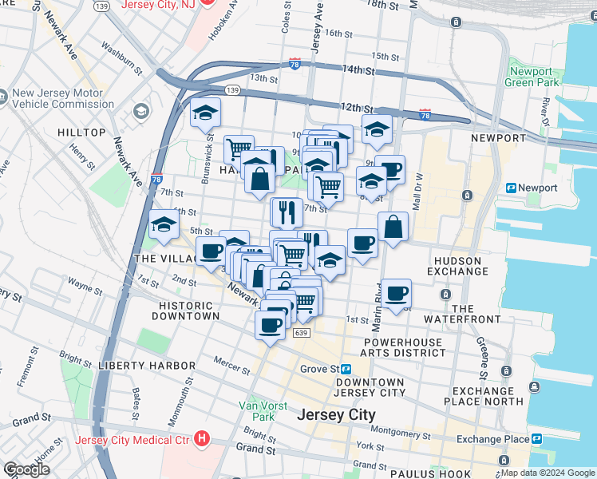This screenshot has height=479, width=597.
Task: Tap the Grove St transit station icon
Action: [x=347, y=370]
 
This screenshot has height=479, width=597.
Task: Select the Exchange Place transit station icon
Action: [x=537, y=439]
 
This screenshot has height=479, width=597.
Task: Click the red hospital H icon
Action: [x=203, y=439]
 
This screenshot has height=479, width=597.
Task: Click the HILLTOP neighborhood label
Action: [x=81, y=133]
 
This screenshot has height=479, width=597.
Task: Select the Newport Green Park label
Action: [x=532, y=77]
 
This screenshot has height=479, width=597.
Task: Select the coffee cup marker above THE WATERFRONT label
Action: [x=396, y=293]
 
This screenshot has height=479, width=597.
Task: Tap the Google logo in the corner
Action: [x=27, y=469]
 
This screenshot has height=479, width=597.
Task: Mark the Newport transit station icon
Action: [x=512, y=188]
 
